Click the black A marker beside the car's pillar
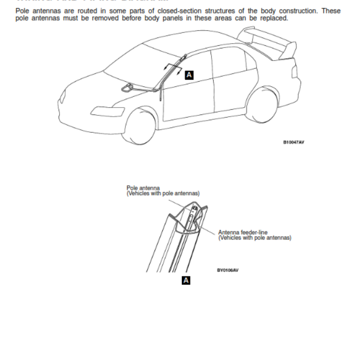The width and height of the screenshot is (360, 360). (189, 75)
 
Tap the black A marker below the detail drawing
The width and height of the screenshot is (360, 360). (186, 280)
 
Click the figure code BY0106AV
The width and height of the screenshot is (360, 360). (227, 270)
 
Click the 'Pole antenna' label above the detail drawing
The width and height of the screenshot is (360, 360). (143, 188)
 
